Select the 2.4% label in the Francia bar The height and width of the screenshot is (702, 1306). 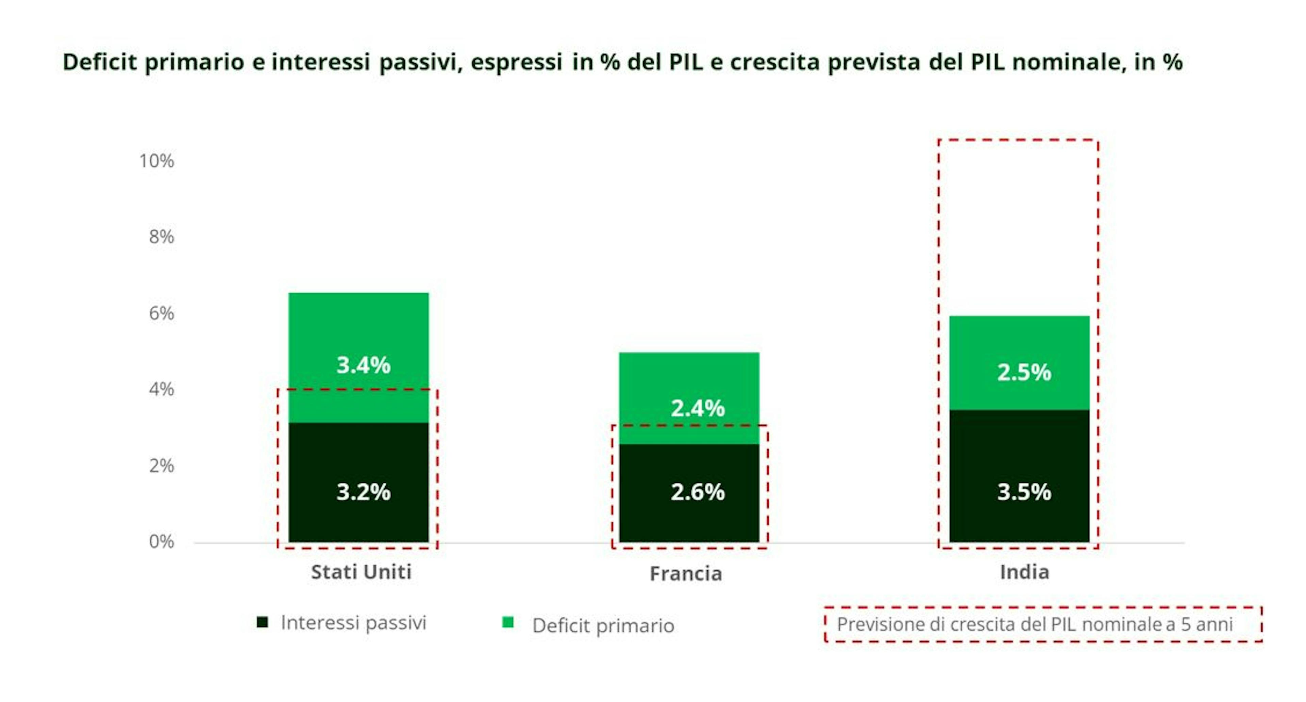click(697, 408)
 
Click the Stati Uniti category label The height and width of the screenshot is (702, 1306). click(361, 572)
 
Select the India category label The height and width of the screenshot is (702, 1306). click(1024, 572)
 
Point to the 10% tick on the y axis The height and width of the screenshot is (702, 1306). click(157, 161)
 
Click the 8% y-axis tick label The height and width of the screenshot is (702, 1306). click(161, 237)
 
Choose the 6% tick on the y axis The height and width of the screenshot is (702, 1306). click(161, 313)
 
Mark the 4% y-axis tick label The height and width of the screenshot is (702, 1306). click(161, 390)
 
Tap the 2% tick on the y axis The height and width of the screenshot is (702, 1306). click(161, 466)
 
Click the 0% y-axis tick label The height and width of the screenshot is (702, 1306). click(161, 542)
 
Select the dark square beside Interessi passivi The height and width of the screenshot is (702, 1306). click(262, 622)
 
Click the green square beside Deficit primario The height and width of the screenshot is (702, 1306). click(507, 622)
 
